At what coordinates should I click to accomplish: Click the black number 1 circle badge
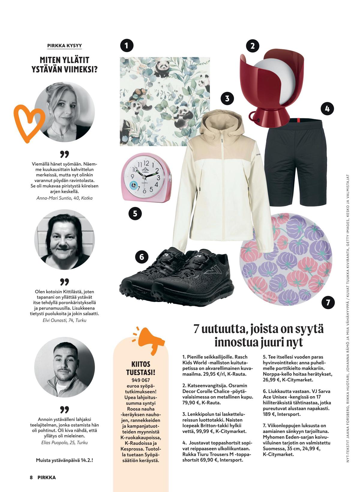coord(126,46)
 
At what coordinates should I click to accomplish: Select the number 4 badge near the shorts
coord(327,108)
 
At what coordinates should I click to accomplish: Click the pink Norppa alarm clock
coord(146,177)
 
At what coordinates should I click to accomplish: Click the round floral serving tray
coord(286,259)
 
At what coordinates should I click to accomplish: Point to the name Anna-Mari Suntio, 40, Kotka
coord(64,198)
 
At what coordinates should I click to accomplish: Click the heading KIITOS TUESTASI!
coord(140,368)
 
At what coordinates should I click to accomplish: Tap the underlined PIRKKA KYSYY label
coord(64,46)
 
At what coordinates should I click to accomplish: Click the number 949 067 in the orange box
coord(140,380)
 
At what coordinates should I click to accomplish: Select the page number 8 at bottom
coord(31,478)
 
